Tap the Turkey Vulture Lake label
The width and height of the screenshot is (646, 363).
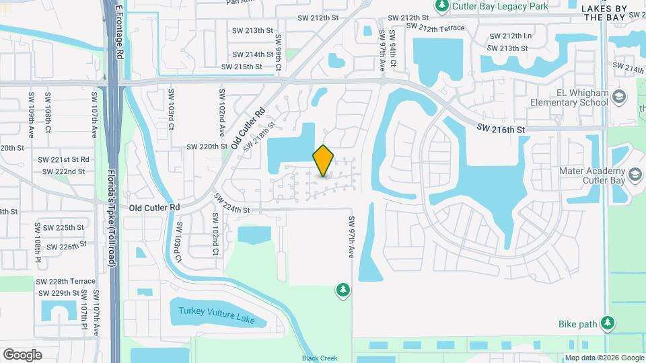[217, 315]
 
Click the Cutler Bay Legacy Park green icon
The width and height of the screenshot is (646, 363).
[442, 7]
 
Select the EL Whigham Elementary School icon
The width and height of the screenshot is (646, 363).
[618, 98]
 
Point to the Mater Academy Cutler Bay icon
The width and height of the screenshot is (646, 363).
[634, 176]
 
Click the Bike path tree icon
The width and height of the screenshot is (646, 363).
[608, 324]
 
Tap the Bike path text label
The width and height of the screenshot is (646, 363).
[578, 324]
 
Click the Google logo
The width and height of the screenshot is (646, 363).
[22, 354]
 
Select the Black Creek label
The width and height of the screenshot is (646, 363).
[319, 358]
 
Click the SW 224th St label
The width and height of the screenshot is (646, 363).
[231, 204]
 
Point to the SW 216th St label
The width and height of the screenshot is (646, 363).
[501, 127]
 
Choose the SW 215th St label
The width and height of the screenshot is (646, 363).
[242, 67]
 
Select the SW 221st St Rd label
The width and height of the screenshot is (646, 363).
[63, 160]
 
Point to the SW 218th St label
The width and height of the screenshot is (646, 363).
[260, 135]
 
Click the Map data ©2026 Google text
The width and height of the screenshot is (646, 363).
[604, 358]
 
